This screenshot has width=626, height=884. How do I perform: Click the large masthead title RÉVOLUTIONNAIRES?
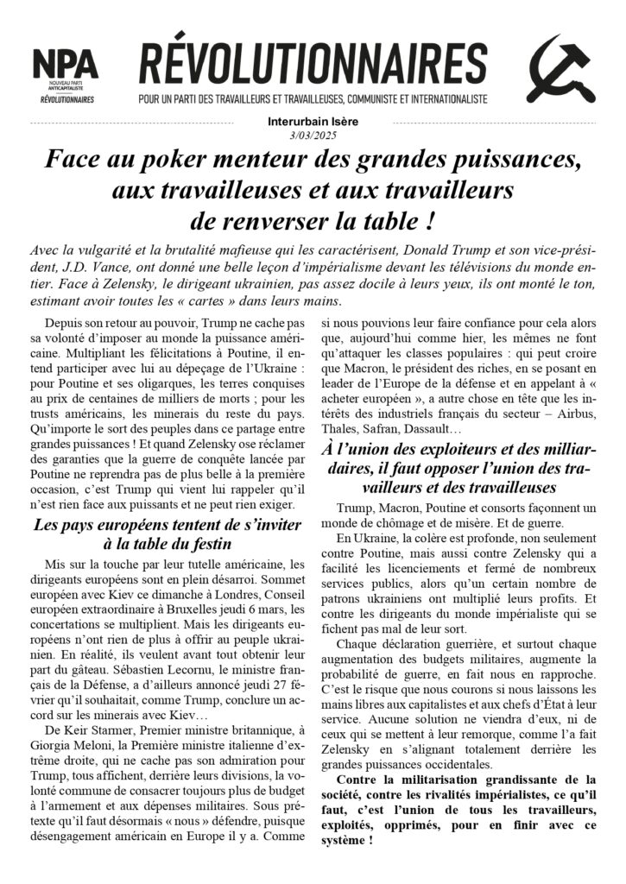tap(313, 66)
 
